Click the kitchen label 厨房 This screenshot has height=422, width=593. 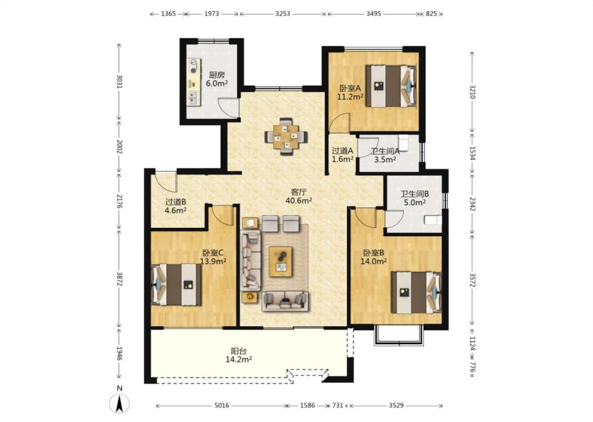click(x=217, y=75)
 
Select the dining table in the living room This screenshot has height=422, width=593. click(x=286, y=136)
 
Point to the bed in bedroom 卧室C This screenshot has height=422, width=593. click(x=176, y=285)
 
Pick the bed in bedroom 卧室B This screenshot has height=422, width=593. click(x=416, y=292)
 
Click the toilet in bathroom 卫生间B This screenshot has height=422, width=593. click(x=433, y=220)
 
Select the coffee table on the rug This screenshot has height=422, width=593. click(x=280, y=262)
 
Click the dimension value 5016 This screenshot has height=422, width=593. click(x=222, y=406)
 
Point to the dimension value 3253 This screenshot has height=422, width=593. click(x=283, y=14)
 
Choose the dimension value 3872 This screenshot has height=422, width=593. click(x=120, y=279)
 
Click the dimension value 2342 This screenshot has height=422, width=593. click(x=472, y=203)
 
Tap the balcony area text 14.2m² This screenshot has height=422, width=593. click(x=239, y=360)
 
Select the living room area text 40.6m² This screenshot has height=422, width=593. click(x=298, y=200)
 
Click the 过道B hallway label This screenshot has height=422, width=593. click(x=176, y=202)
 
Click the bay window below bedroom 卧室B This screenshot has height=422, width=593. click(x=398, y=335)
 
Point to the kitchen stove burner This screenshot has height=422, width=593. click(x=193, y=70)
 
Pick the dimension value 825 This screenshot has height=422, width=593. click(x=431, y=14)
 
